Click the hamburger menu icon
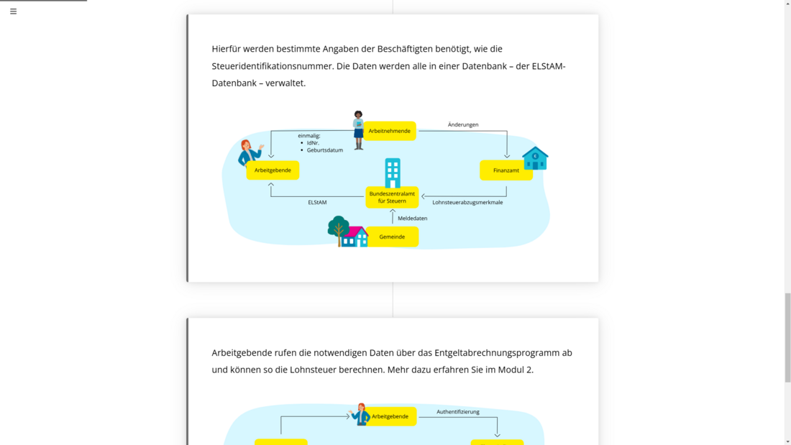tap(13, 12)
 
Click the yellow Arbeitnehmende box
tap(390, 131)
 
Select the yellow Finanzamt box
tap(506, 170)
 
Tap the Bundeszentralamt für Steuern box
tap(392, 197)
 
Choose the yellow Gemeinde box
tap(392, 237)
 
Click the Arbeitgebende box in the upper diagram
tap(273, 170)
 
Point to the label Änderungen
tap(463, 125)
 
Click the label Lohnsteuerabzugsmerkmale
tap(467, 203)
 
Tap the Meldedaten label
tap(412, 219)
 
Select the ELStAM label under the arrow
tap(317, 203)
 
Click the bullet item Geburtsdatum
tap(325, 150)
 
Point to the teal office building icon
tap(392, 173)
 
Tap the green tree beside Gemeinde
tap(337, 230)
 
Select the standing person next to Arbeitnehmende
tap(358, 130)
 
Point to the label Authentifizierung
tap(458, 412)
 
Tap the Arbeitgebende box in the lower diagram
tap(390, 416)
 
